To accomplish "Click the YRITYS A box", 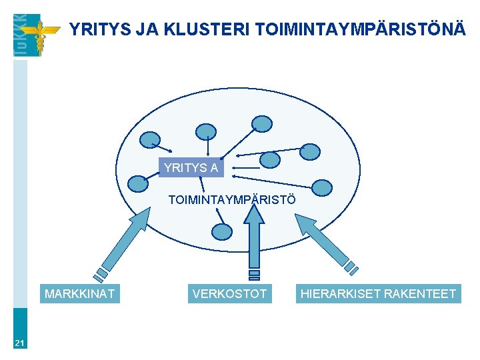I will coord(191,168).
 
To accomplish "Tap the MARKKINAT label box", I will coord(79,293).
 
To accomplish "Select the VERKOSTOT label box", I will coord(229,293).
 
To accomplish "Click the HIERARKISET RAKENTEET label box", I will coord(378,293).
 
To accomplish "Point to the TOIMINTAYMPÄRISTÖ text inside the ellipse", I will coord(231,199).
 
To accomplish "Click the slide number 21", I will coord(20,343).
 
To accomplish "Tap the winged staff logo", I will coord(39,35).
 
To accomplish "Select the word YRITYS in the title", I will coord(98,29).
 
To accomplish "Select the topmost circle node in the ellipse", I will coord(263,123).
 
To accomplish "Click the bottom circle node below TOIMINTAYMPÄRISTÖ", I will coord(221,231).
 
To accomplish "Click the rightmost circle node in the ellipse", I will coord(322,188).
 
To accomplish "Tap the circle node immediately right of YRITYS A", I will coord(269,160).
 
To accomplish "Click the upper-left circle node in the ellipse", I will coord(149,139).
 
